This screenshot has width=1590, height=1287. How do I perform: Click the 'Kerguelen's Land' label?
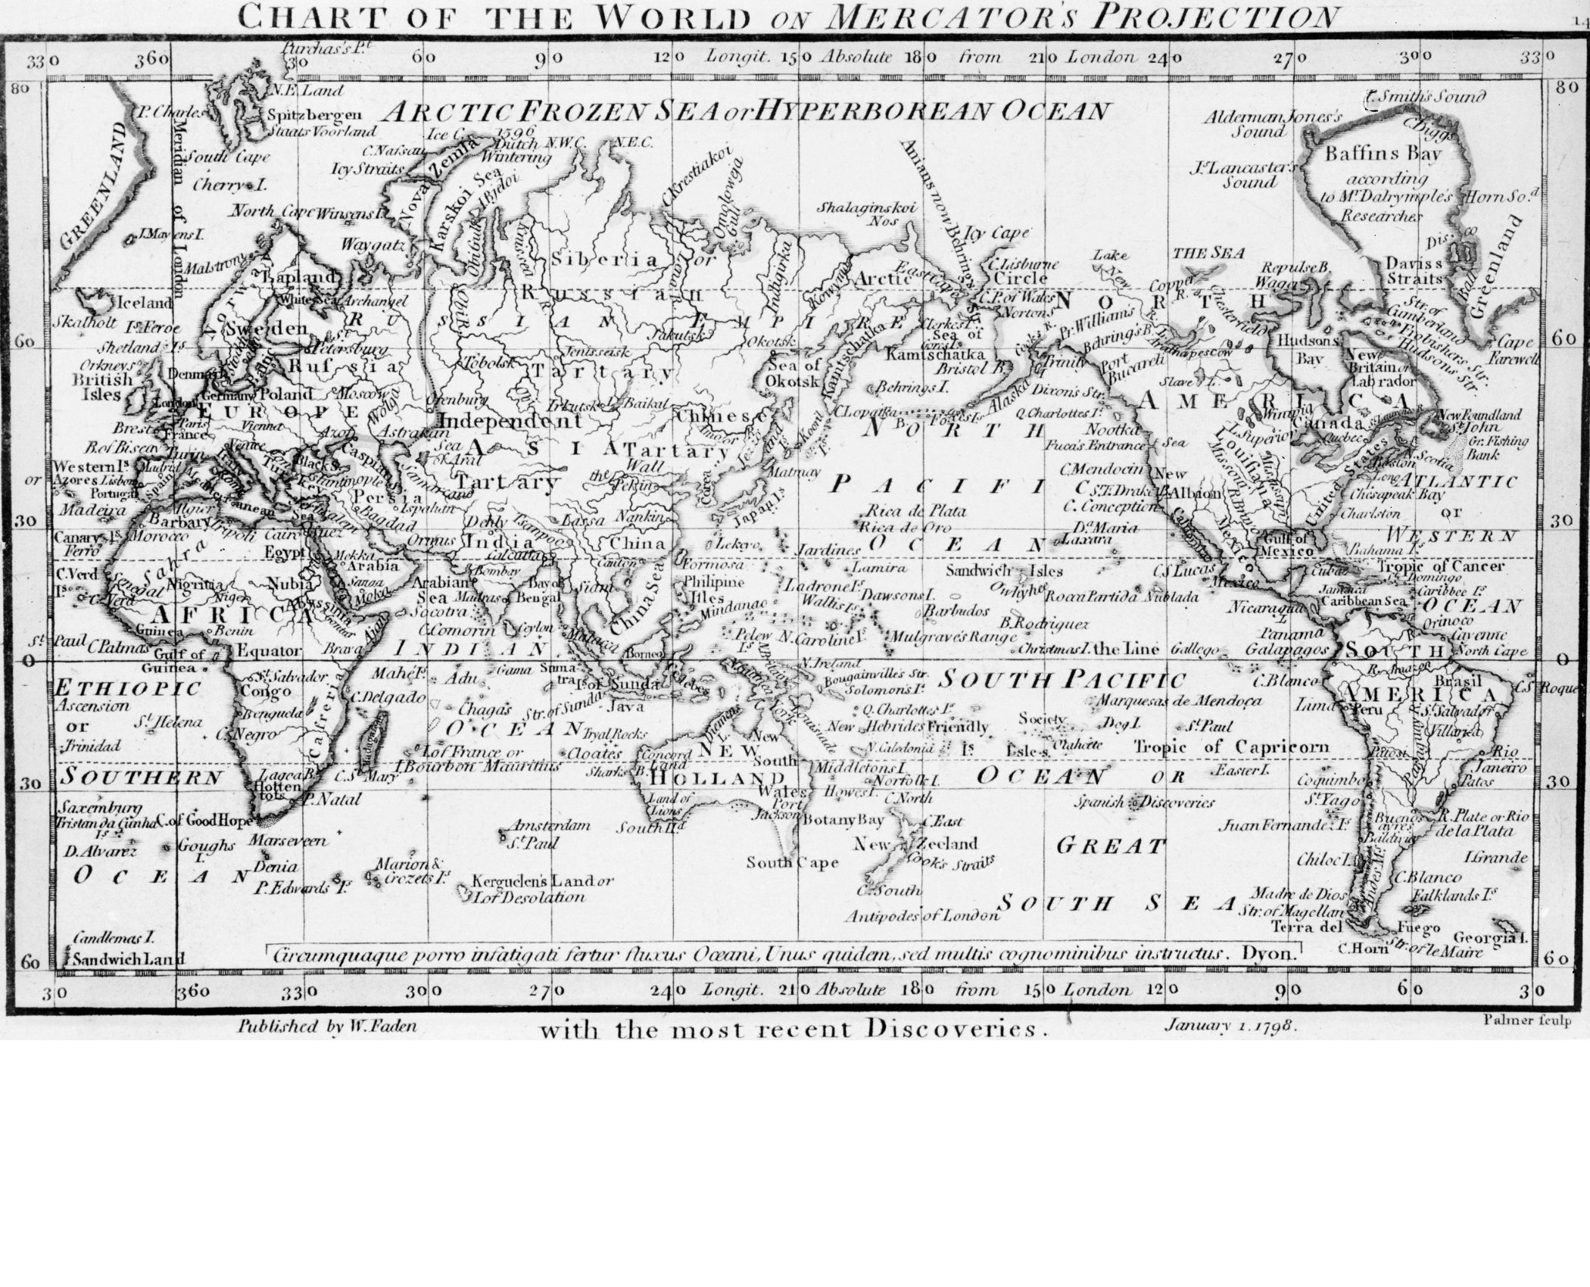(x=542, y=881)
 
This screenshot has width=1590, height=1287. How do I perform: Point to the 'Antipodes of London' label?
(x=931, y=916)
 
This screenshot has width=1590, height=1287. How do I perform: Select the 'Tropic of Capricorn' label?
(x=1231, y=746)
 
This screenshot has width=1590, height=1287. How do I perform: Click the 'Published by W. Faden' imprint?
(x=327, y=1027)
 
